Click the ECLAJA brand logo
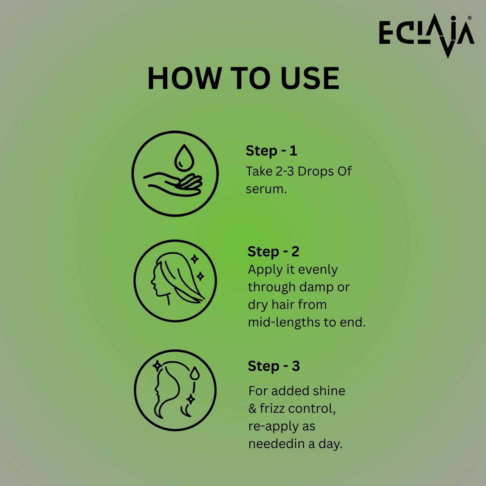[426, 36]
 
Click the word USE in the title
[310, 78]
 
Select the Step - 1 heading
[271, 151]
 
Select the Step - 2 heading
[273, 252]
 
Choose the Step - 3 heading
[274, 366]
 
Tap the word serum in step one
[266, 189]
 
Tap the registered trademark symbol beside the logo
[470, 18]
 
